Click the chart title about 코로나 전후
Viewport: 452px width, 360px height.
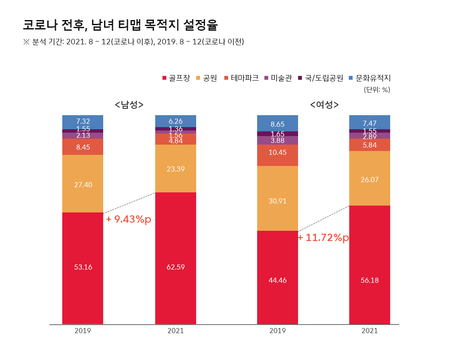(120, 25)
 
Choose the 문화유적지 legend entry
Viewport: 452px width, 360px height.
(369, 78)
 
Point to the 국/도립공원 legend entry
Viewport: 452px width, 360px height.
(320, 78)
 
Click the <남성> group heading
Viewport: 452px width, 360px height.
(129, 105)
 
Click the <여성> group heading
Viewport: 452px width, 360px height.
(325, 105)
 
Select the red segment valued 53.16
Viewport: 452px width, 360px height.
(83, 268)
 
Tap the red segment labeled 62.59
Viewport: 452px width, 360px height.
(176, 258)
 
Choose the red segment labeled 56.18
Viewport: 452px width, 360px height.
(370, 264)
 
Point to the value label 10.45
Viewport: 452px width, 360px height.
(278, 152)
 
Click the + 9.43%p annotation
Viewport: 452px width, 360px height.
(128, 219)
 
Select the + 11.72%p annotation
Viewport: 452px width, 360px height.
(323, 238)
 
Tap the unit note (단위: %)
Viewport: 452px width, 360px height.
(377, 90)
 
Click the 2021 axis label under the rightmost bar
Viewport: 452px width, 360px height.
(370, 331)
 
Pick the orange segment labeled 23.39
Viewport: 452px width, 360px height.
(176, 168)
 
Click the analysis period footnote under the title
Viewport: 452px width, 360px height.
(133, 42)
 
